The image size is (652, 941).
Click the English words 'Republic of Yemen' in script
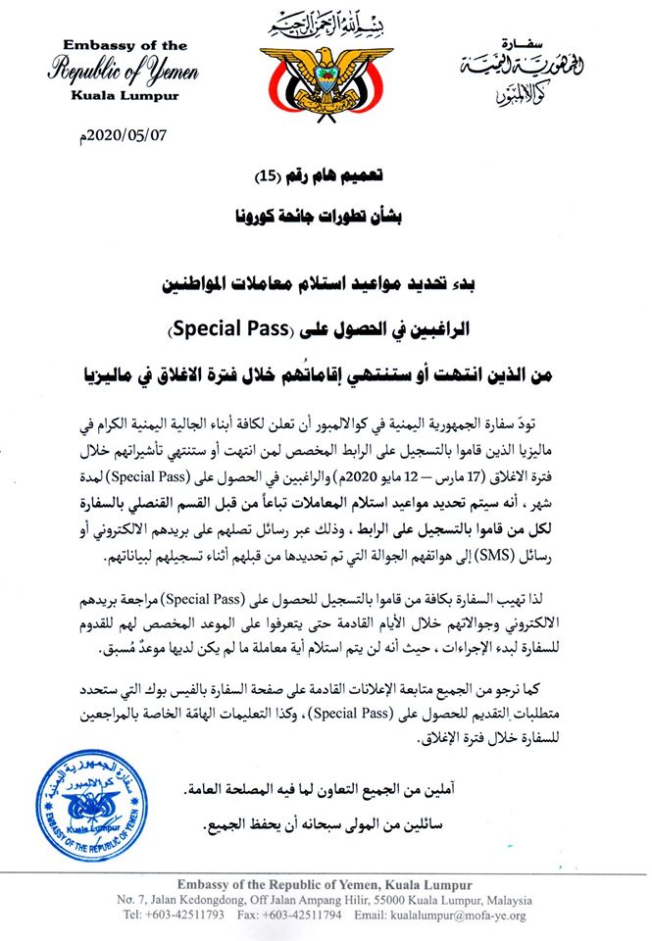(125, 72)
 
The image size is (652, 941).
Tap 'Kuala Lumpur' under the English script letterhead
(125, 95)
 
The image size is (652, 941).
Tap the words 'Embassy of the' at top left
(125, 47)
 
